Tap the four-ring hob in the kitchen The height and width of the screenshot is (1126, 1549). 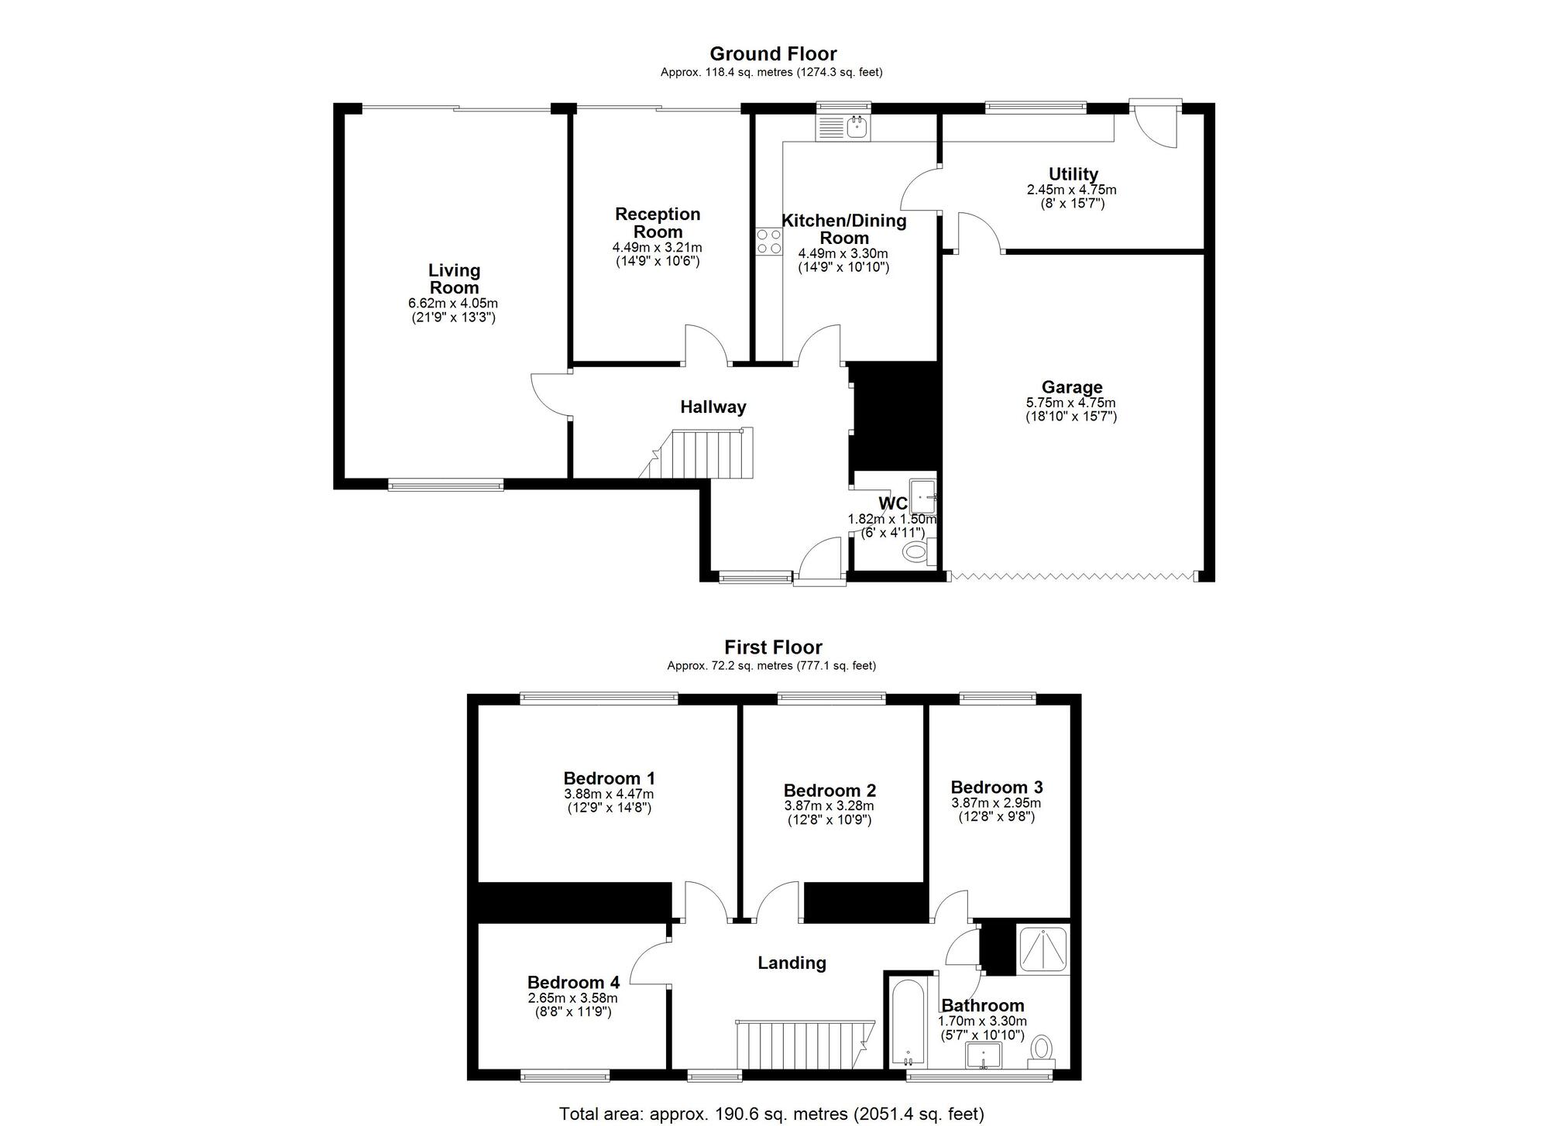(x=768, y=241)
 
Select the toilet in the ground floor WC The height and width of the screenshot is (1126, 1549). (x=916, y=552)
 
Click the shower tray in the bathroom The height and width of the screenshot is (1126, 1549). (x=1042, y=949)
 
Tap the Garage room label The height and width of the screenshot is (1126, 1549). (x=1071, y=387)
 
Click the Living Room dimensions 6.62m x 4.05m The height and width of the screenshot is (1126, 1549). (x=454, y=304)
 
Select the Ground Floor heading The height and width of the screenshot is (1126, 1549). (x=772, y=54)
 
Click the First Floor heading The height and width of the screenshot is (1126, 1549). (x=772, y=647)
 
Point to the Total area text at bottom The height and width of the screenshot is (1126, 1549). (x=771, y=1114)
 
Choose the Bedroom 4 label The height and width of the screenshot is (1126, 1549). (x=573, y=983)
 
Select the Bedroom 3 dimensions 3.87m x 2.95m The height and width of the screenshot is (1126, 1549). (x=996, y=804)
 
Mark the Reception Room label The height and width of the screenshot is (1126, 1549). (x=658, y=222)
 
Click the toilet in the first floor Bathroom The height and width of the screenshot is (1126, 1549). (x=1041, y=1049)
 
